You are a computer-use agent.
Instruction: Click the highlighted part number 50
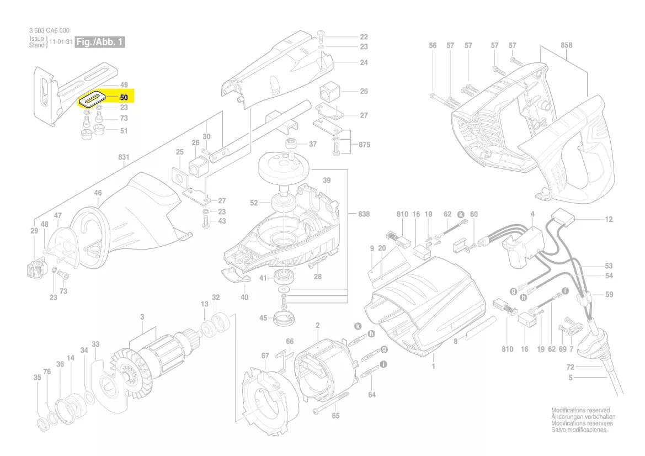[x=124, y=98]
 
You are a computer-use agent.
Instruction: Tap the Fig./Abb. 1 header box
[x=100, y=43]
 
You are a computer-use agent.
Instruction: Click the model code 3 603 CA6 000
[x=49, y=31]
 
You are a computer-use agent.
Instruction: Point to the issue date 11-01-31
[x=61, y=43]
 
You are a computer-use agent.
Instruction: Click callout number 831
[x=124, y=157]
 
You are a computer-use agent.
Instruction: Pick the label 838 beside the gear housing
[x=364, y=214]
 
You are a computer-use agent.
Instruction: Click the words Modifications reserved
[x=580, y=410]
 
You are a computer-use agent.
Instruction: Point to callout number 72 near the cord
[x=570, y=367]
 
